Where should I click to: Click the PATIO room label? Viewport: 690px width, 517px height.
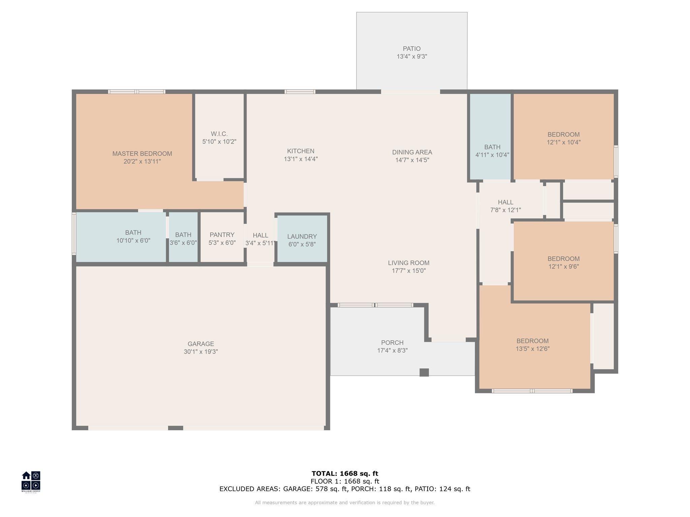click(412, 49)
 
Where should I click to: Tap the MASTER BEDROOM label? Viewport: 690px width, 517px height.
click(142, 154)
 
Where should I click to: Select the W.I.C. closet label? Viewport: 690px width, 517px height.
click(219, 134)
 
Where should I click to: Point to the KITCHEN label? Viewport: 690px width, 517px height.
click(301, 151)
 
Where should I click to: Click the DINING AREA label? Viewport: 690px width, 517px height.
click(412, 152)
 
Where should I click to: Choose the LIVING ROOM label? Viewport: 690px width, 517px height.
click(409, 263)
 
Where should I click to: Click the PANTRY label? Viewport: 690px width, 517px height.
click(222, 235)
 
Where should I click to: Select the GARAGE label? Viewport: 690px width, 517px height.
click(201, 344)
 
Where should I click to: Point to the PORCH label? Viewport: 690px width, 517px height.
click(393, 343)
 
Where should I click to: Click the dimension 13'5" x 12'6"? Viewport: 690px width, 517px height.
click(533, 349)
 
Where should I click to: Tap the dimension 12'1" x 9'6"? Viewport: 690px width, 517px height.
click(564, 267)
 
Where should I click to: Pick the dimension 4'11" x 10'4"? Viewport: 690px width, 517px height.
click(492, 155)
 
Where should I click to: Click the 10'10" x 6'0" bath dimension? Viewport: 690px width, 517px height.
click(133, 241)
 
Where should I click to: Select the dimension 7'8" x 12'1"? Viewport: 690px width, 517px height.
click(506, 210)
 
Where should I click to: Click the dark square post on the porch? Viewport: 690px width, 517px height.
click(424, 372)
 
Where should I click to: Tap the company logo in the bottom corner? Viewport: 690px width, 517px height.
click(31, 482)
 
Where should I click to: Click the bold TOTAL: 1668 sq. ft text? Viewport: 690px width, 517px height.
click(345, 474)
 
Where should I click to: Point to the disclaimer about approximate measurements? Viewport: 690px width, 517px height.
click(345, 503)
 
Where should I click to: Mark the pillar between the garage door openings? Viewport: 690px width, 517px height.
click(176, 428)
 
